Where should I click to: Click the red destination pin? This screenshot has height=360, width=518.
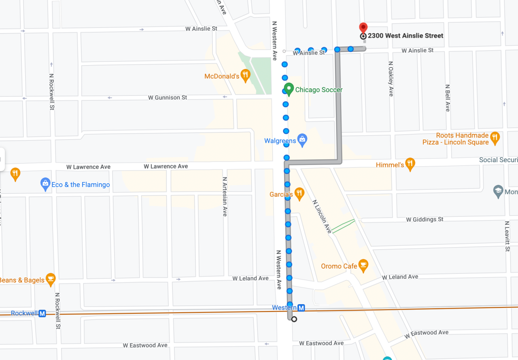363,28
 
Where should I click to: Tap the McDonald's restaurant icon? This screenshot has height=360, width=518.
245,75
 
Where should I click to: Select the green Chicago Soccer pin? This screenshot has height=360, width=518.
289,89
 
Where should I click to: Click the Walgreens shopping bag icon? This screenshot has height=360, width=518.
302,140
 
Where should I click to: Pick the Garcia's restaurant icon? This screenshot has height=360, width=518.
299,193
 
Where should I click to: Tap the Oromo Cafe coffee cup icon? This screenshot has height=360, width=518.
363,265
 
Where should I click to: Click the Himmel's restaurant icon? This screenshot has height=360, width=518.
410,163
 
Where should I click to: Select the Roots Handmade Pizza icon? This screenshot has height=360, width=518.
495,138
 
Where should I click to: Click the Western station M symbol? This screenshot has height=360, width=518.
301,308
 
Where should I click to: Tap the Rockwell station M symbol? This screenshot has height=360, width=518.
42,313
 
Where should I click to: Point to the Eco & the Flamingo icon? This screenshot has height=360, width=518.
45,184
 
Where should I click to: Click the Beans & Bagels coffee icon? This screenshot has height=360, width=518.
51,279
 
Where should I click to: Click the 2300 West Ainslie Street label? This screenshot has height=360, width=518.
405,36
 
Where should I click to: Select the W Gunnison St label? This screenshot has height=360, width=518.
168,97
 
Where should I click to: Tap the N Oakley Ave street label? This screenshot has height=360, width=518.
391,78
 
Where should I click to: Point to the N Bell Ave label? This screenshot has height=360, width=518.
447,98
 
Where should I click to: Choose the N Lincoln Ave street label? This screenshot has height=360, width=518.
322,216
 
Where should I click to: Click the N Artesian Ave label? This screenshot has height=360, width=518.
225,196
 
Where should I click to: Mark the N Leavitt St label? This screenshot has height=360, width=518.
507,236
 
